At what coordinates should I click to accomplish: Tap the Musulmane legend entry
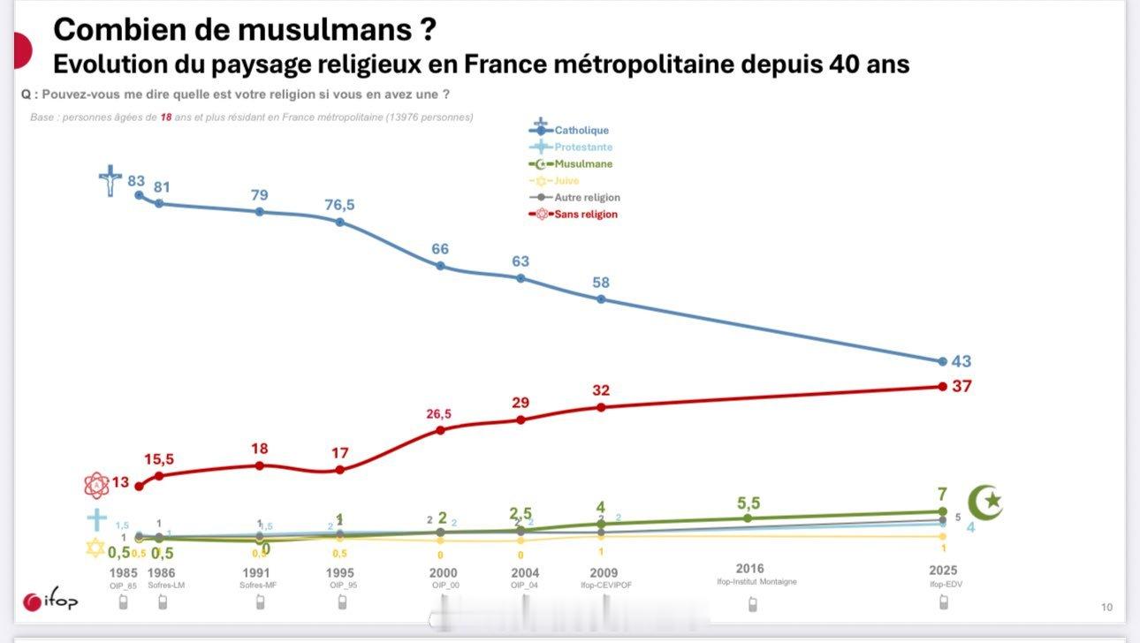(x=582, y=164)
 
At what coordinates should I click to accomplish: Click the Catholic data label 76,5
(x=339, y=205)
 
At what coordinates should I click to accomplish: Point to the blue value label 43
(x=961, y=361)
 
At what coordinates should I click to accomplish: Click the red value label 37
(x=961, y=386)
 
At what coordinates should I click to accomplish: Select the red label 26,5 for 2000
(x=440, y=413)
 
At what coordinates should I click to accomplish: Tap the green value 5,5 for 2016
(x=749, y=503)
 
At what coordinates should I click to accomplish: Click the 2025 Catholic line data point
(x=943, y=361)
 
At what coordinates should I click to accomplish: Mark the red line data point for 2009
(x=601, y=407)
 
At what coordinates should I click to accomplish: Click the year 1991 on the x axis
(x=255, y=573)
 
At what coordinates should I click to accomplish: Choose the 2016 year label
(x=749, y=568)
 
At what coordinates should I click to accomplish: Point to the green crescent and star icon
(x=984, y=503)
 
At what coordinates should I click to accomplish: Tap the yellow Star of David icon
(x=95, y=548)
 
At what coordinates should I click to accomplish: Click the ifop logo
(x=51, y=601)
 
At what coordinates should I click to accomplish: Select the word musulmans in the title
(x=320, y=29)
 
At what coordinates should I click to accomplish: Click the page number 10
(x=1106, y=607)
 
